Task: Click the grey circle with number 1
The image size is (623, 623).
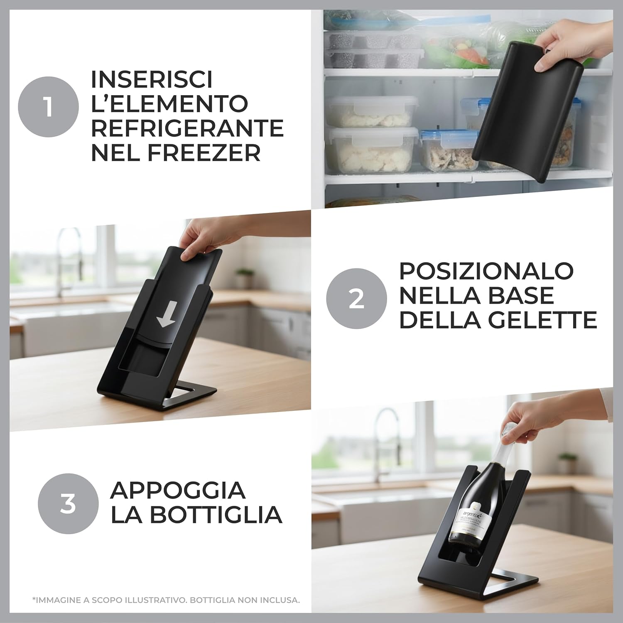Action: click(x=48, y=107)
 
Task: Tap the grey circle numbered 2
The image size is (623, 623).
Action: click(x=356, y=298)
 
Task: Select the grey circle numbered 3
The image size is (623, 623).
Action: click(x=68, y=504)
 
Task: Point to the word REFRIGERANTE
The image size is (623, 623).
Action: click(x=187, y=128)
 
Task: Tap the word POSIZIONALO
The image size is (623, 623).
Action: click(x=486, y=271)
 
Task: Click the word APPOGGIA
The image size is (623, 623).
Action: click(x=178, y=491)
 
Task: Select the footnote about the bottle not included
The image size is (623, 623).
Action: click(x=165, y=600)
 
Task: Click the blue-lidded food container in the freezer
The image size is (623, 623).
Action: click(x=442, y=150)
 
